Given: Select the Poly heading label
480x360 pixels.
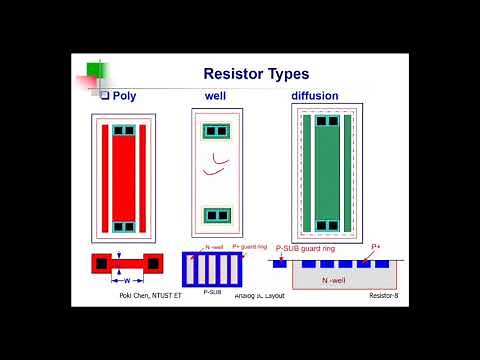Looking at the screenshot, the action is [x=125, y=95].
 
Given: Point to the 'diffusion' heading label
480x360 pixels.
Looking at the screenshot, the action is [x=314, y=96].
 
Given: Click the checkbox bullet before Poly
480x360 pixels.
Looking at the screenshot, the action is [x=103, y=95].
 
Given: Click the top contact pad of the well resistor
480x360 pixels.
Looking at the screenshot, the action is [x=216, y=131].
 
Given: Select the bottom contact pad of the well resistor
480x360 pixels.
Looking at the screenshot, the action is [x=216, y=215].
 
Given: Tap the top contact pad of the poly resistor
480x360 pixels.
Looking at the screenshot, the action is [x=123, y=131].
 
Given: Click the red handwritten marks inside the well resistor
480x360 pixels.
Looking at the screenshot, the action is [x=214, y=164].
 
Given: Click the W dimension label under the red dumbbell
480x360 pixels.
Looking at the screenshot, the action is [x=127, y=281].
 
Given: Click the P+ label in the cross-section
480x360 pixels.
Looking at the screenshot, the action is [x=376, y=246].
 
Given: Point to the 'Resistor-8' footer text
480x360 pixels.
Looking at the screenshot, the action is [x=384, y=296].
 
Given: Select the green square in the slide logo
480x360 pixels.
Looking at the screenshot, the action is [x=94, y=69].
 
